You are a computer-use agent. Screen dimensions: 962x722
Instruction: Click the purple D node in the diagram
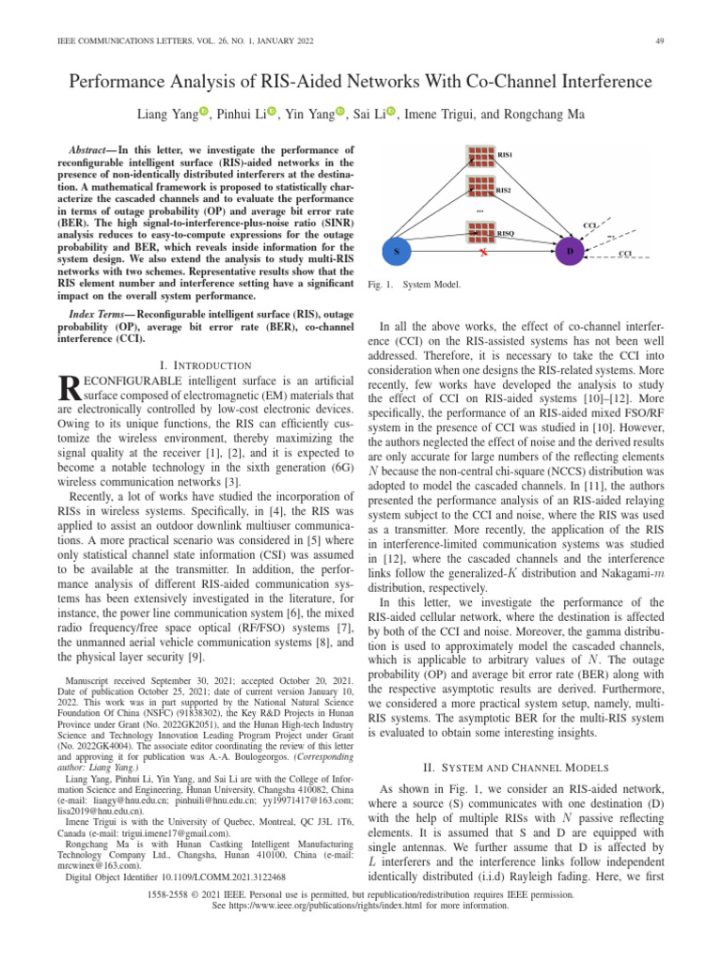[x=569, y=252]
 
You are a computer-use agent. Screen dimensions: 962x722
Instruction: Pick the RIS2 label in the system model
[x=504, y=191]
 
